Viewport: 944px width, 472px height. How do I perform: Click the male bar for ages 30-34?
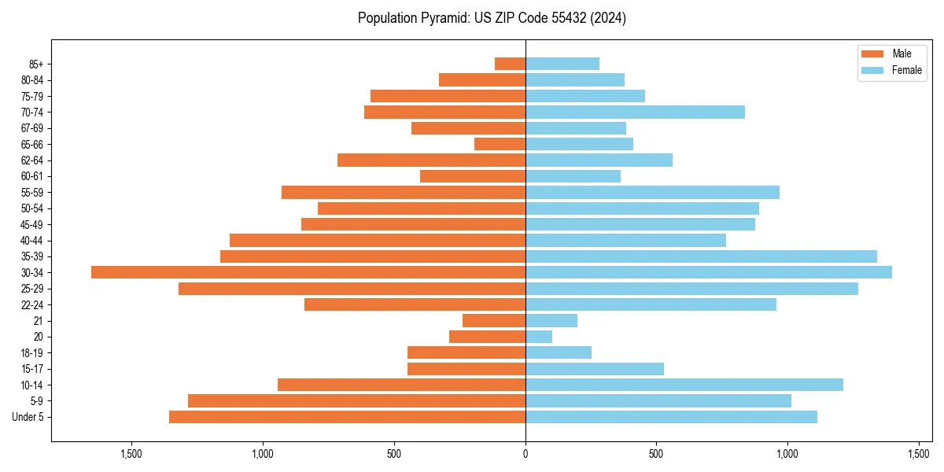308,272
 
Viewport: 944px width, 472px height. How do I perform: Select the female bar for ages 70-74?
635,112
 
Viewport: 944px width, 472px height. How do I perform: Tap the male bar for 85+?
510,64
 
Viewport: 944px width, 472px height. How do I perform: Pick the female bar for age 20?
539,337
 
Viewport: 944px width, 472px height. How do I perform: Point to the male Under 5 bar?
347,417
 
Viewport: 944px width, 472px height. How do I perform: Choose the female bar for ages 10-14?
684,385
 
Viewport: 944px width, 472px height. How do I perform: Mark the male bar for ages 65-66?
500,144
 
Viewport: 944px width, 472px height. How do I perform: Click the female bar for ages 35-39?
701,256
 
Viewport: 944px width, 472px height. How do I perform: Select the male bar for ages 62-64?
431,160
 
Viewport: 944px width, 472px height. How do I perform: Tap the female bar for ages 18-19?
559,352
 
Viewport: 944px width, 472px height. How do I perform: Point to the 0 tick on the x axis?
525,454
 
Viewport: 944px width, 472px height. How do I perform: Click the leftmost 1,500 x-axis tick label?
131,454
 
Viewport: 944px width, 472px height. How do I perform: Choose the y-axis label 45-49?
33,224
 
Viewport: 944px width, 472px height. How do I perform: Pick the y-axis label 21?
39,321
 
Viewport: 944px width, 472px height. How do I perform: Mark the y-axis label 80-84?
33,79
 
